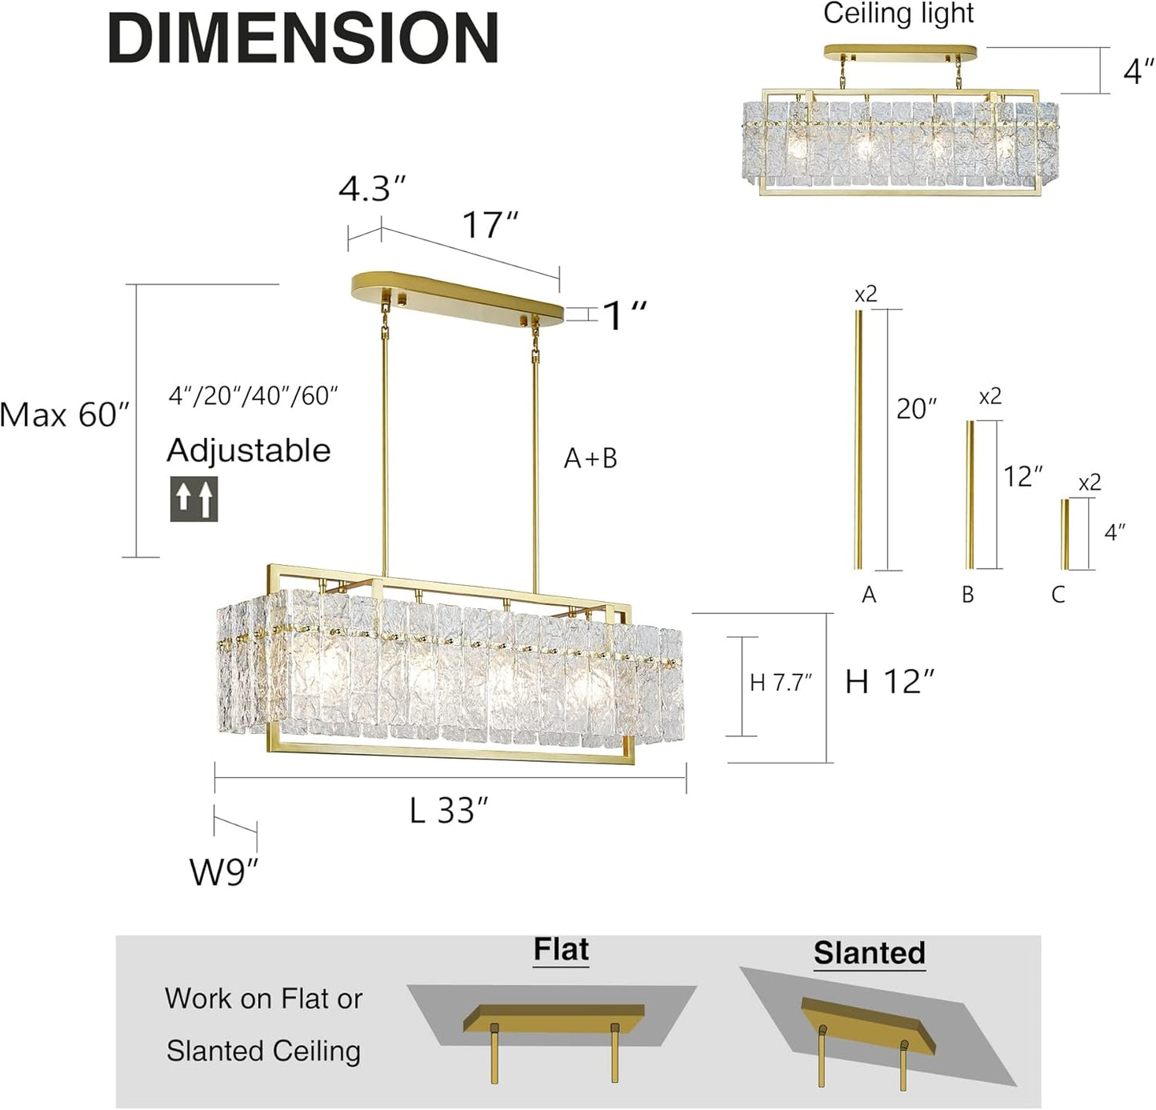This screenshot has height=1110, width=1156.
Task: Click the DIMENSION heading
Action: coord(303,38)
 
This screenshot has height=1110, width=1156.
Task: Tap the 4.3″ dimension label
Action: coord(372,190)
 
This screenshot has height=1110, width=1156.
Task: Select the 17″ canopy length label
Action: coord(490,225)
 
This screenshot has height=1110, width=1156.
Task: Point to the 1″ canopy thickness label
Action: coord(624,315)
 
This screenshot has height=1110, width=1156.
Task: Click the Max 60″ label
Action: coord(64,415)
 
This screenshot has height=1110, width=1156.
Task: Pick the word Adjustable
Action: coord(248,451)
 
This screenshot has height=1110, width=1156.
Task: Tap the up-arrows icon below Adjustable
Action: coord(194,499)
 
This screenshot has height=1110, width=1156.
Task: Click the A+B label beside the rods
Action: coord(590,459)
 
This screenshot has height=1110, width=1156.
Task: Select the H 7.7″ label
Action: coord(781,683)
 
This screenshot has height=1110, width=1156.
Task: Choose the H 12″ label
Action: coord(890,682)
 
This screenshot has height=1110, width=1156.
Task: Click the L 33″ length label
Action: coord(448,811)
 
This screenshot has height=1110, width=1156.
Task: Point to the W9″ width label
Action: coord(224,872)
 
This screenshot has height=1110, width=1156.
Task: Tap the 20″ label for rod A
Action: coord(916,409)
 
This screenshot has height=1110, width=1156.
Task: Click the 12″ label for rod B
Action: coord(1023,477)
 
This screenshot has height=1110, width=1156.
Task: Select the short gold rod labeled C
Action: coord(1065,535)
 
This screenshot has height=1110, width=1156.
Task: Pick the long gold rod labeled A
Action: coord(859,439)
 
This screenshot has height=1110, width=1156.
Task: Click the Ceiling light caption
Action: coord(898,14)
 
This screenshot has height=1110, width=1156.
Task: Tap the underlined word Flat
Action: coord(561,950)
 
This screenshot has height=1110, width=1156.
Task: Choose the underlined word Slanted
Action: coord(869,953)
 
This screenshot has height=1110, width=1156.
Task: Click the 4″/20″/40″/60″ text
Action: coord(253,396)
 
